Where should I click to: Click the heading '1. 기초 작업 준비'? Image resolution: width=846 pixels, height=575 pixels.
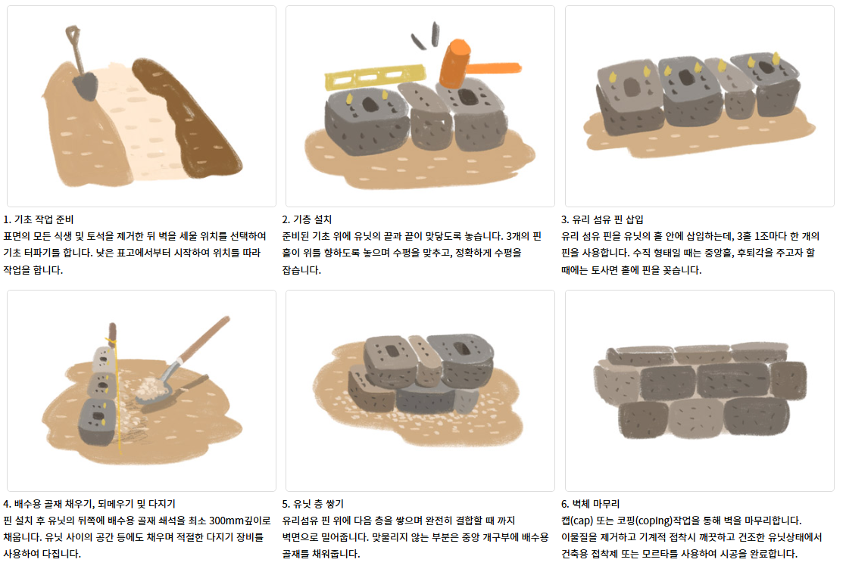39,219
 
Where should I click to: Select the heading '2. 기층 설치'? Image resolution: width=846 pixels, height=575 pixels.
307,219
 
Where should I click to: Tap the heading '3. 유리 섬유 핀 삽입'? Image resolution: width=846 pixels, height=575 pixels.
602,219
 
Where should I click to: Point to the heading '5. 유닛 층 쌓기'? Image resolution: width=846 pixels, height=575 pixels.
312,504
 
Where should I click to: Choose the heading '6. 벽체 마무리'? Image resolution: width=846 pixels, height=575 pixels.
590,504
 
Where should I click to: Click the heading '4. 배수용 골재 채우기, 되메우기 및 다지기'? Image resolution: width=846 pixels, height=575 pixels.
89,504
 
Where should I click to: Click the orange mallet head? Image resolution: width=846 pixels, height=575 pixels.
455,63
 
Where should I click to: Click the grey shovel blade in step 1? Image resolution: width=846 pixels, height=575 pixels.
86,85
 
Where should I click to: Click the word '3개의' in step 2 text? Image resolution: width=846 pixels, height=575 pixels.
518,236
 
